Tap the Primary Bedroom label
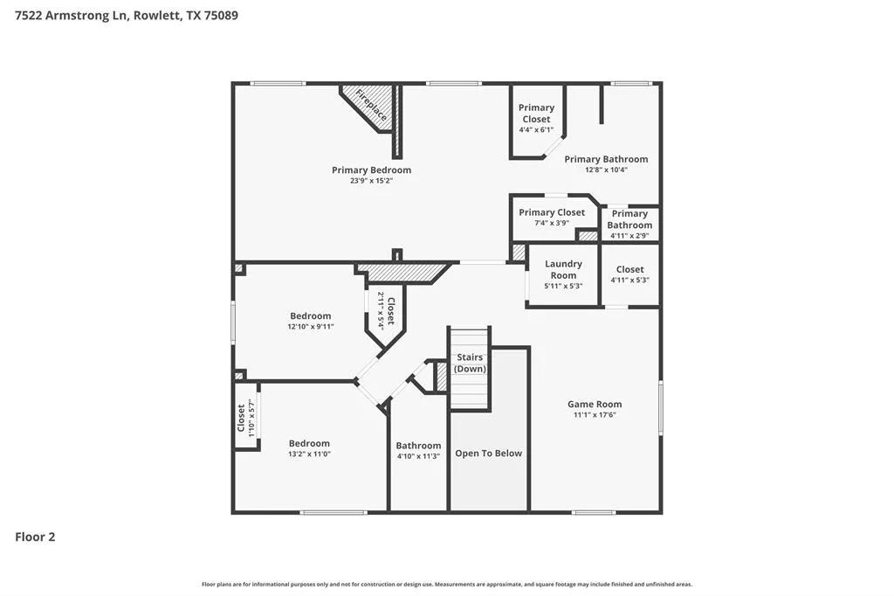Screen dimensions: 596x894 pos(371,170)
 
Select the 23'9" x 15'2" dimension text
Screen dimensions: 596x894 pos(371,181)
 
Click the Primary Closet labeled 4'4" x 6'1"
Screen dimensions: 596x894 pos(536,114)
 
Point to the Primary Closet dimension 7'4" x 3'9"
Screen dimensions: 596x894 pos(552,223)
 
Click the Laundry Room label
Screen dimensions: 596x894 pos(563,269)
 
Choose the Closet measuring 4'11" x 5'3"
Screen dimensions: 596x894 pos(629,270)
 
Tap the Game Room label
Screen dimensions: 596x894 pos(595,405)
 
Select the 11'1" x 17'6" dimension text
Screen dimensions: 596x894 pos(595,415)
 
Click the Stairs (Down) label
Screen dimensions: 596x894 pos(470,363)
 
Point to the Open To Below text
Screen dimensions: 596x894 pos(488,454)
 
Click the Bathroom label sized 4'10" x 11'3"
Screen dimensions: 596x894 pos(418,446)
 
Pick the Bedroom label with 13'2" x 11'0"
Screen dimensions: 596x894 pos(310,444)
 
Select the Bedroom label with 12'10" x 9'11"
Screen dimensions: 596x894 pos(311,316)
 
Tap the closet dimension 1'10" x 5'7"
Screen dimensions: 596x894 pos(251,417)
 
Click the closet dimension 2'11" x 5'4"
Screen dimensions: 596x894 pos(381,308)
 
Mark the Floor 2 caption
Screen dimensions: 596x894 pos(35,537)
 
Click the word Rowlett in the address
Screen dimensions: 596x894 pos(159,15)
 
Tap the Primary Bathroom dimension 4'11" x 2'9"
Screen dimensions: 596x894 pos(629,235)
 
